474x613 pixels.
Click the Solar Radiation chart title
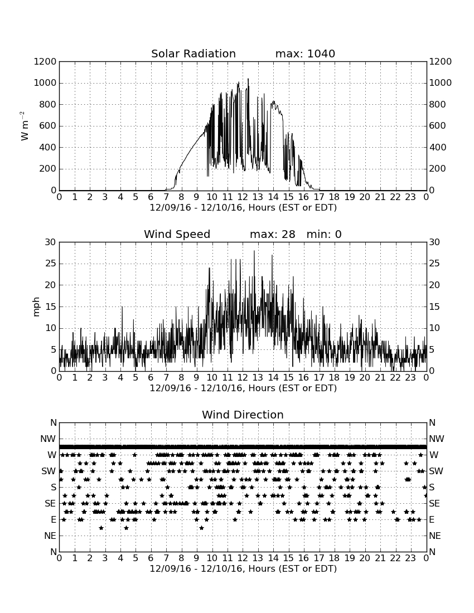[193, 53]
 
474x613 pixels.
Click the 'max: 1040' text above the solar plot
[305, 53]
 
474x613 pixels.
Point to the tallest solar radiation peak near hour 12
[248, 79]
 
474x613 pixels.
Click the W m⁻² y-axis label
[24, 126]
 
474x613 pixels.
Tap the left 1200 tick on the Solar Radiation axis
[45, 61]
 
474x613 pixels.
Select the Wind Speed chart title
[177, 234]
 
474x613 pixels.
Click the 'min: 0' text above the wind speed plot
[324, 234]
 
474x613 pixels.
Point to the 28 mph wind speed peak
[254, 251]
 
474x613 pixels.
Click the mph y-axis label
[36, 307]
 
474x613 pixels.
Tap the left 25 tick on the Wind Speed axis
[51, 264]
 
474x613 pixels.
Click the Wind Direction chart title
[243, 415]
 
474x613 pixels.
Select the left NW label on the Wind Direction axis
[48, 439]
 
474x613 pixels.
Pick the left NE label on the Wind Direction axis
[50, 536]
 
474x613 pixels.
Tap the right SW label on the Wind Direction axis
[436, 471]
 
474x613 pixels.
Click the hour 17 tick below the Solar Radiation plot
[319, 197]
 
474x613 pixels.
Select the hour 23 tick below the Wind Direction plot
[410, 558]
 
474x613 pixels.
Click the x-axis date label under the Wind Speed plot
[243, 388]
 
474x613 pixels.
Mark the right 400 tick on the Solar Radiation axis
[438, 147]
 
